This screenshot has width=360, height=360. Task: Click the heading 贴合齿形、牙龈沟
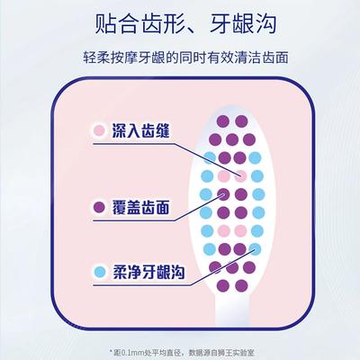click(185, 24)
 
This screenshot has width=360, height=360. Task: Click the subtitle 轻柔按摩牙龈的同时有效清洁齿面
click(185, 58)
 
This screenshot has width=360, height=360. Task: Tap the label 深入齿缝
click(140, 130)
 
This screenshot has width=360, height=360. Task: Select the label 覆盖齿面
click(140, 207)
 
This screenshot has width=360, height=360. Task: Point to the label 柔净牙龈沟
click(148, 272)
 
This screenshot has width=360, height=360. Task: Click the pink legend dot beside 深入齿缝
click(99, 130)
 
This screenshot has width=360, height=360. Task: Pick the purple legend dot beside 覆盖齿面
click(99, 207)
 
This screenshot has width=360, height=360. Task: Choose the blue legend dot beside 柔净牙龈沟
click(100, 272)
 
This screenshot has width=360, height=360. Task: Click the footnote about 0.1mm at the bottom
click(182, 352)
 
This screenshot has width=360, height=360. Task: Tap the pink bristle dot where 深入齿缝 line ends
click(240, 176)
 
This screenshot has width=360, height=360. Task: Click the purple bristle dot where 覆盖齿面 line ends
click(223, 194)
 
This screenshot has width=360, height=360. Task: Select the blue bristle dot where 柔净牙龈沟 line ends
click(255, 249)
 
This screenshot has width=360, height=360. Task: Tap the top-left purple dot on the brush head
click(223, 121)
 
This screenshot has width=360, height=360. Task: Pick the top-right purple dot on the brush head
click(241, 121)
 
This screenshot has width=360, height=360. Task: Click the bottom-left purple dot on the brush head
click(223, 286)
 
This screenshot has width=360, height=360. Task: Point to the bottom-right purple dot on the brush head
click(241, 286)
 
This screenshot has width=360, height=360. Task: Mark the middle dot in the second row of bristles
click(232, 139)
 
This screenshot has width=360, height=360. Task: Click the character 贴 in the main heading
click(105, 24)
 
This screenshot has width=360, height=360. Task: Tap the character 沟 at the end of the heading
click(265, 24)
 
